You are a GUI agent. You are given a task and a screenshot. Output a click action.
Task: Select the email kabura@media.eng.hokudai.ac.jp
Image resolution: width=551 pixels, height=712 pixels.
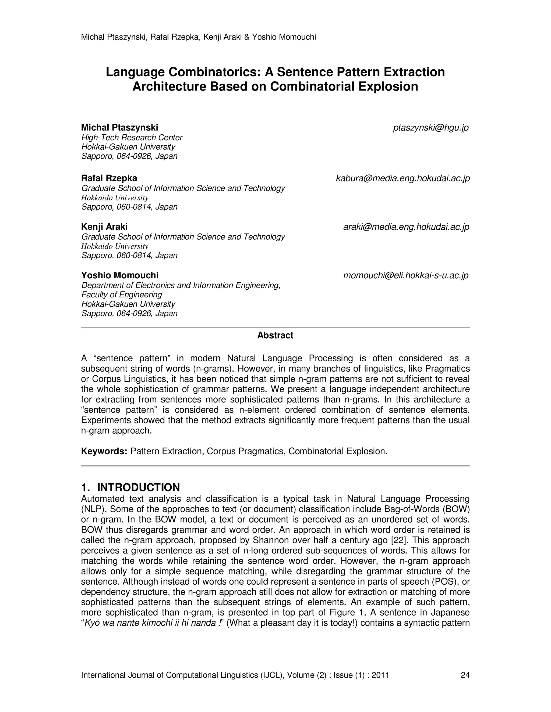click(403, 179)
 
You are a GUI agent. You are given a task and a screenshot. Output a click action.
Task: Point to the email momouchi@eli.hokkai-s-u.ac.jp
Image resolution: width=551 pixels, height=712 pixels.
click(406, 275)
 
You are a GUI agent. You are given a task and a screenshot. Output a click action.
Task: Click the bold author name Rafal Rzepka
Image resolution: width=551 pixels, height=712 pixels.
click(109, 178)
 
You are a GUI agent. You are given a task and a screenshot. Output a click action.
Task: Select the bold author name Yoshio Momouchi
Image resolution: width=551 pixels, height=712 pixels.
click(120, 275)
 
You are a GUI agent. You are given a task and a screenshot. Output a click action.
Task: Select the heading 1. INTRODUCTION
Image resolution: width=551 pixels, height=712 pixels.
click(130, 487)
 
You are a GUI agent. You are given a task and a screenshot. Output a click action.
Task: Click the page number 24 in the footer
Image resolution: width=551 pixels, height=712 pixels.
click(465, 675)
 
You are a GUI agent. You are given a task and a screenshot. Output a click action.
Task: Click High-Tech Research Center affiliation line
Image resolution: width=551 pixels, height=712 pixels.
click(132, 138)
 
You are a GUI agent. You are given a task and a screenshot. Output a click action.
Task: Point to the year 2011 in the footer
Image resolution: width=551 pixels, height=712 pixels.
click(380, 675)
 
